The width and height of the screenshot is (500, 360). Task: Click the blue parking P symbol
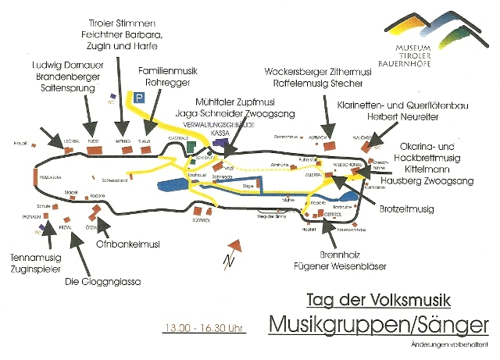point(139,98)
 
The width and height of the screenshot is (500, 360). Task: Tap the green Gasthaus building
point(192,146)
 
